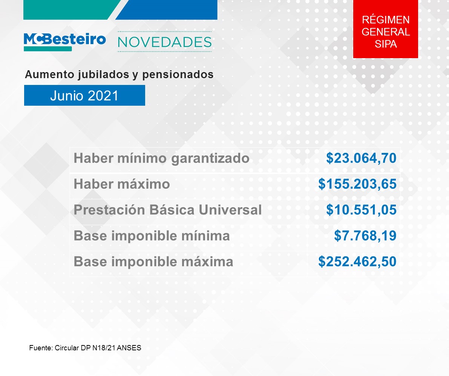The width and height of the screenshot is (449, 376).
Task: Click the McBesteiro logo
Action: pos(65,42)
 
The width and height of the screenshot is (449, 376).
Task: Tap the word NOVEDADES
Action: pos(165,42)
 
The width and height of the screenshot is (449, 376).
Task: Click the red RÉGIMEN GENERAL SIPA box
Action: pos(385,29)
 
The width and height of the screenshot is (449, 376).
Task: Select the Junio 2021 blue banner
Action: pos(84,95)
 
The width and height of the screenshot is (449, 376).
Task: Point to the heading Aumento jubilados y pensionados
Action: pos(119,75)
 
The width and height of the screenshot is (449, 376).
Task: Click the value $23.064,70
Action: pos(362,158)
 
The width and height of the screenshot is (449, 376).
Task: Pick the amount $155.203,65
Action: pos(357,184)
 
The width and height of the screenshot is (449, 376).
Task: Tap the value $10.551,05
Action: pos(362,210)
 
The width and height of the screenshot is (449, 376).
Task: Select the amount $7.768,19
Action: pos(365,236)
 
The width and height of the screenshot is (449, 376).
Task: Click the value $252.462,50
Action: pos(357,261)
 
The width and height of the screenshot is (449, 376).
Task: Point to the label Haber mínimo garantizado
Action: pos(161,158)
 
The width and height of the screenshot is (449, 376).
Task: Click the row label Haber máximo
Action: pos(122,184)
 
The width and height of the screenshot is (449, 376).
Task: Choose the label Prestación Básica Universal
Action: pos(168,210)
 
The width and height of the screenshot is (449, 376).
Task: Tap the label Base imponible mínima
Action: pos(152,236)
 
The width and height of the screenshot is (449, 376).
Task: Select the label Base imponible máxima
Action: pos(153,262)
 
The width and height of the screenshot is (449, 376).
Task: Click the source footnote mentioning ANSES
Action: pos(85,348)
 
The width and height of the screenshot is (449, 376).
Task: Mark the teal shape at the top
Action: pos(69,10)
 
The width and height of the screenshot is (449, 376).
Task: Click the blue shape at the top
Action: pos(167,10)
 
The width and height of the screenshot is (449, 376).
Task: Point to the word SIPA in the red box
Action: pos(386,44)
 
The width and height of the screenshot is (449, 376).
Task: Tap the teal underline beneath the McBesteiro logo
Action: pos(48,49)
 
